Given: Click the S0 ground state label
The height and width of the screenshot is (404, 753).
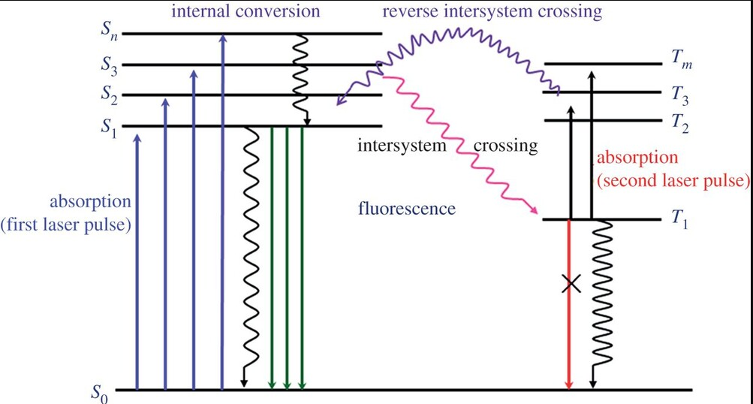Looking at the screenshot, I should point(98,392).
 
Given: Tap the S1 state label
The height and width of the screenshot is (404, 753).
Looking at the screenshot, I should point(109,125).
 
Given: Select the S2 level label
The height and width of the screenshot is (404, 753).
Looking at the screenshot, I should point(109,95).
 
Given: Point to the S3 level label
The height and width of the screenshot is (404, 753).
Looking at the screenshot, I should point(109,65).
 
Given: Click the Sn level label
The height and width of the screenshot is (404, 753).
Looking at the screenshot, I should point(109,34).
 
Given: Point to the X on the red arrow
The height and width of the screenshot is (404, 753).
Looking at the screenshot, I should point(571,284).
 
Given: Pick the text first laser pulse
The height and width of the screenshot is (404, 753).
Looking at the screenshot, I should point(72,225).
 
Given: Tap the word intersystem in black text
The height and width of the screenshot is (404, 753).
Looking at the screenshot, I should point(402,146).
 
